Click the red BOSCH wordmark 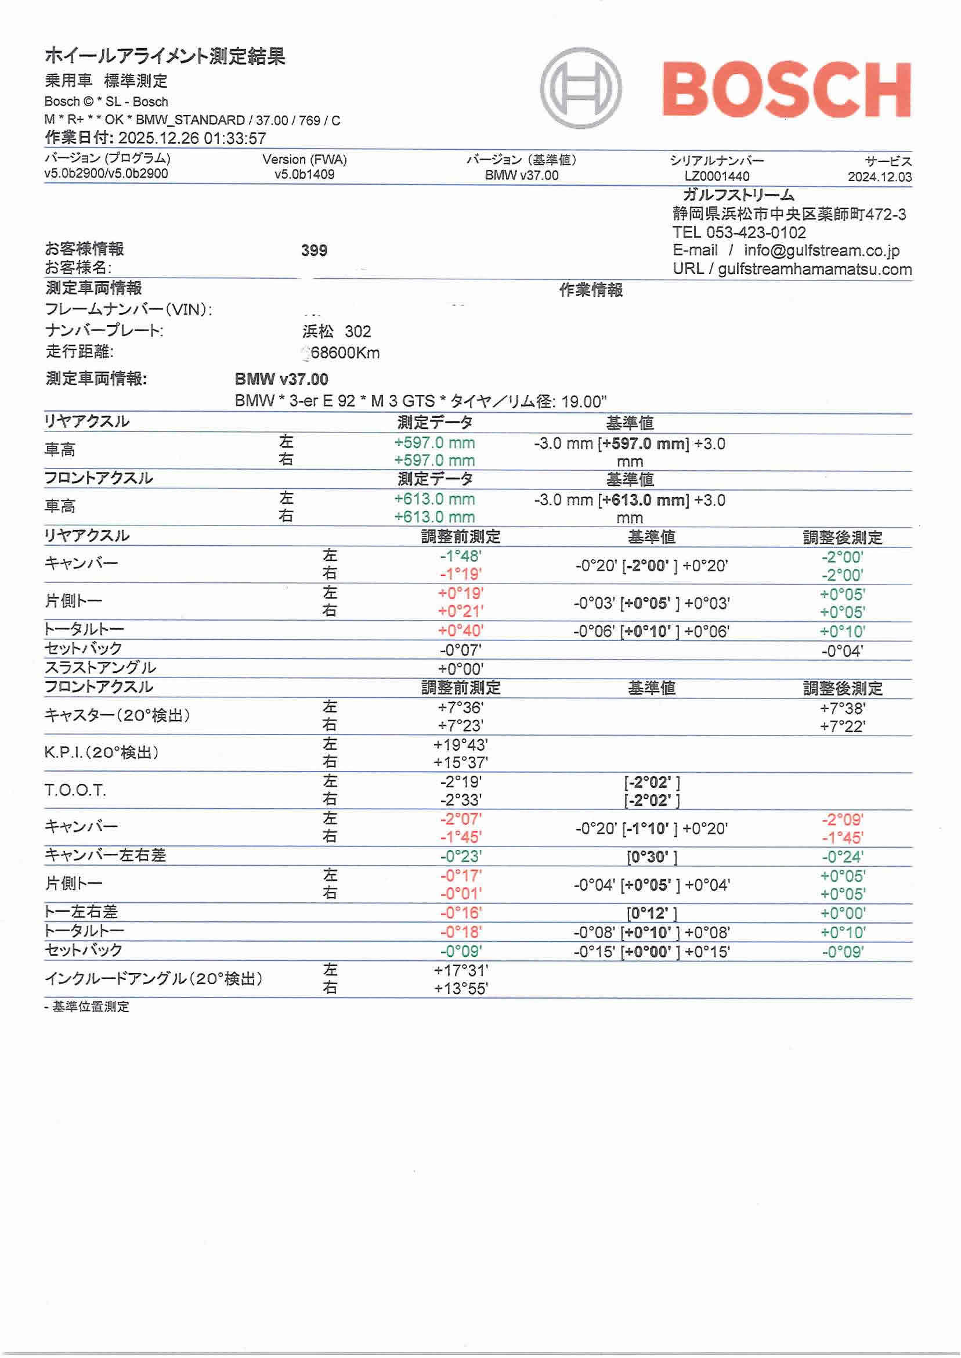coord(786,90)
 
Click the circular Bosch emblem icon coord(580,88)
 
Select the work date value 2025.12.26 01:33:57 coord(192,139)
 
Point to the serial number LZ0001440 coord(717,176)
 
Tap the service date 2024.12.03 coord(879,177)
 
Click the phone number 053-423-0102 coord(756,233)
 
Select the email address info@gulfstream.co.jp coord(821,251)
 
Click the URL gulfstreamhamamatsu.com coord(814,270)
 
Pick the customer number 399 coord(313,250)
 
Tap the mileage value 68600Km coord(345,353)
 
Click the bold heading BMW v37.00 coord(281,380)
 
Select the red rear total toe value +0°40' coord(460,631)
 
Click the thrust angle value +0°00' coord(460,669)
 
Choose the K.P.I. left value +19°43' coord(460,745)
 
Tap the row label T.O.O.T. coord(75,790)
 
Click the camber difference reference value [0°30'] coord(652,857)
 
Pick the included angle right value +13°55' coord(460,989)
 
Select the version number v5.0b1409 coord(304,175)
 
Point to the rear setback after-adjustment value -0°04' coord(841,652)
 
